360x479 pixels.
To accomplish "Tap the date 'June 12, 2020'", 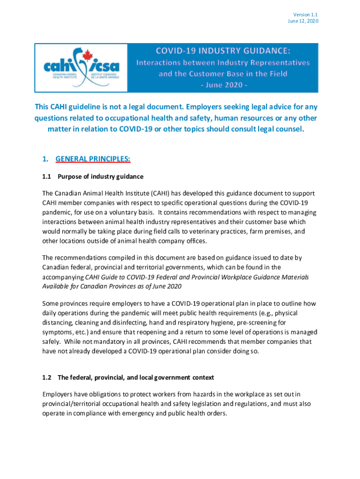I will click(x=303, y=22).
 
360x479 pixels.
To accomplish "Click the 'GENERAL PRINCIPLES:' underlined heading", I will click(x=93, y=159).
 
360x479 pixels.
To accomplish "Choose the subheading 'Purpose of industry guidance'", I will click(x=100, y=176).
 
